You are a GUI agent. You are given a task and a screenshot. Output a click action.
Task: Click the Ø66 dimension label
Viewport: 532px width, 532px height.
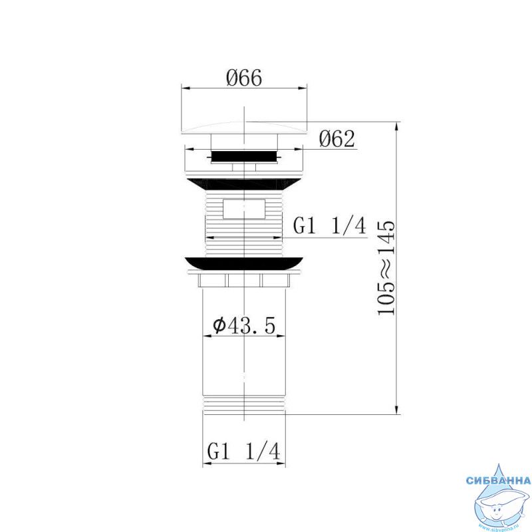point(244,78)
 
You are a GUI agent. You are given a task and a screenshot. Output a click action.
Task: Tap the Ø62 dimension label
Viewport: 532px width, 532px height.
point(337,139)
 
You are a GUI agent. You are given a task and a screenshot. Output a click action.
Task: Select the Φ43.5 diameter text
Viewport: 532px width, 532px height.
point(244,326)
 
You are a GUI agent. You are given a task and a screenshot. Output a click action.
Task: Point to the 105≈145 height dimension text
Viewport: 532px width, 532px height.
point(386,268)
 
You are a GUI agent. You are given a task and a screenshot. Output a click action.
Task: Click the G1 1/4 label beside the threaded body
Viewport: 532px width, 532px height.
point(330,226)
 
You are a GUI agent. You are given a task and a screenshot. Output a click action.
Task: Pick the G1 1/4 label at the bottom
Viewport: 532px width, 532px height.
point(244,452)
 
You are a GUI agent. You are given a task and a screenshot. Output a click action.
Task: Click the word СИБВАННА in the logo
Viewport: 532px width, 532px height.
point(498,480)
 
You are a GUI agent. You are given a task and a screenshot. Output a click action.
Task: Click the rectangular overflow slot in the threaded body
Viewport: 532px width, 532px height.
point(243,209)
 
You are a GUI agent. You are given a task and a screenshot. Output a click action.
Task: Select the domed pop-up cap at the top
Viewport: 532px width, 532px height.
point(244,128)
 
